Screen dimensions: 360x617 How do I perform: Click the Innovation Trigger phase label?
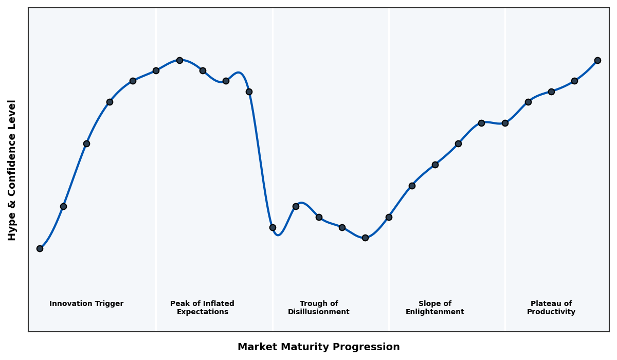pyautogui.click(x=86, y=304)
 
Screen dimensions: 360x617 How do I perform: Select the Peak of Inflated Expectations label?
pyautogui.click(x=202, y=308)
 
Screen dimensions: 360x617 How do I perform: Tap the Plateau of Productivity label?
pyautogui.click(x=551, y=308)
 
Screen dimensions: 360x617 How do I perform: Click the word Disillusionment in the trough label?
pyautogui.click(x=319, y=312)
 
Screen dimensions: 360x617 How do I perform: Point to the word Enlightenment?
pyautogui.click(x=435, y=312)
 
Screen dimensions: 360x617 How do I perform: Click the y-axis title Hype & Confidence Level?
pyautogui.click(x=12, y=170)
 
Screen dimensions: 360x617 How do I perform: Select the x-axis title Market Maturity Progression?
pyautogui.click(x=319, y=347)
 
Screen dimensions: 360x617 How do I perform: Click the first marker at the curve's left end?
pyautogui.click(x=40, y=248)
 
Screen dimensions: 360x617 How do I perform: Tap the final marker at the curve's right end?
pyautogui.click(x=597, y=60)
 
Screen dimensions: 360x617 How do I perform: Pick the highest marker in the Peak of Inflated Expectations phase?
pyautogui.click(x=179, y=60)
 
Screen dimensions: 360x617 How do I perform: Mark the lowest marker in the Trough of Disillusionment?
pyautogui.click(x=365, y=238)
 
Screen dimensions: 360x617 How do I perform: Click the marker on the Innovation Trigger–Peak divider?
pyautogui.click(x=156, y=70)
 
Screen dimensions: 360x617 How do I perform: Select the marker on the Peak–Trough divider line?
pyautogui.click(x=273, y=227)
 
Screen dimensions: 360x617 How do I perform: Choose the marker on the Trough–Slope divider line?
pyautogui.click(x=389, y=217)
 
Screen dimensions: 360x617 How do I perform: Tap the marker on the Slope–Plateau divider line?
pyautogui.click(x=505, y=123)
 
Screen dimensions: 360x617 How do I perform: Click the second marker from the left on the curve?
pyautogui.click(x=63, y=206)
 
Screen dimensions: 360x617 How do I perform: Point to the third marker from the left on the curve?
pyautogui.click(x=86, y=143)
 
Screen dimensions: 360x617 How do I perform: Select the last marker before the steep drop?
pyautogui.click(x=249, y=92)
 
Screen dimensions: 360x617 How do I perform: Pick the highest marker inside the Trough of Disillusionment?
pyautogui.click(x=296, y=206)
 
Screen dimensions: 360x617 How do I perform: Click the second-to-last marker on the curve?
pyautogui.click(x=574, y=81)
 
